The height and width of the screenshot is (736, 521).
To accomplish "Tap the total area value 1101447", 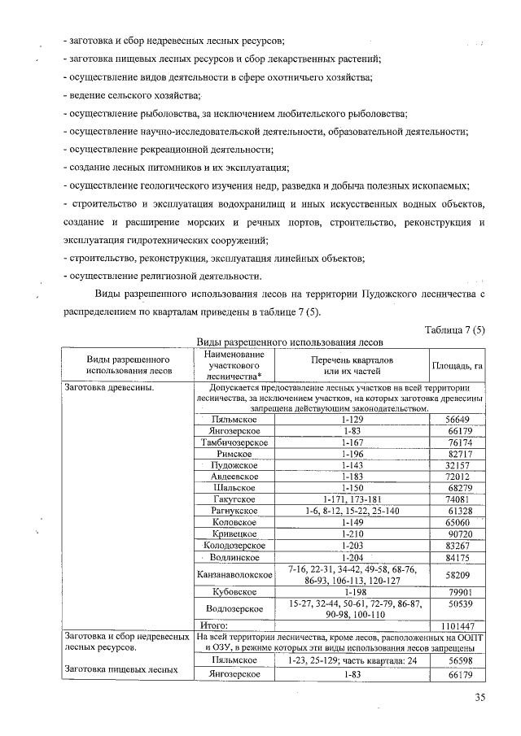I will [x=456, y=625].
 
